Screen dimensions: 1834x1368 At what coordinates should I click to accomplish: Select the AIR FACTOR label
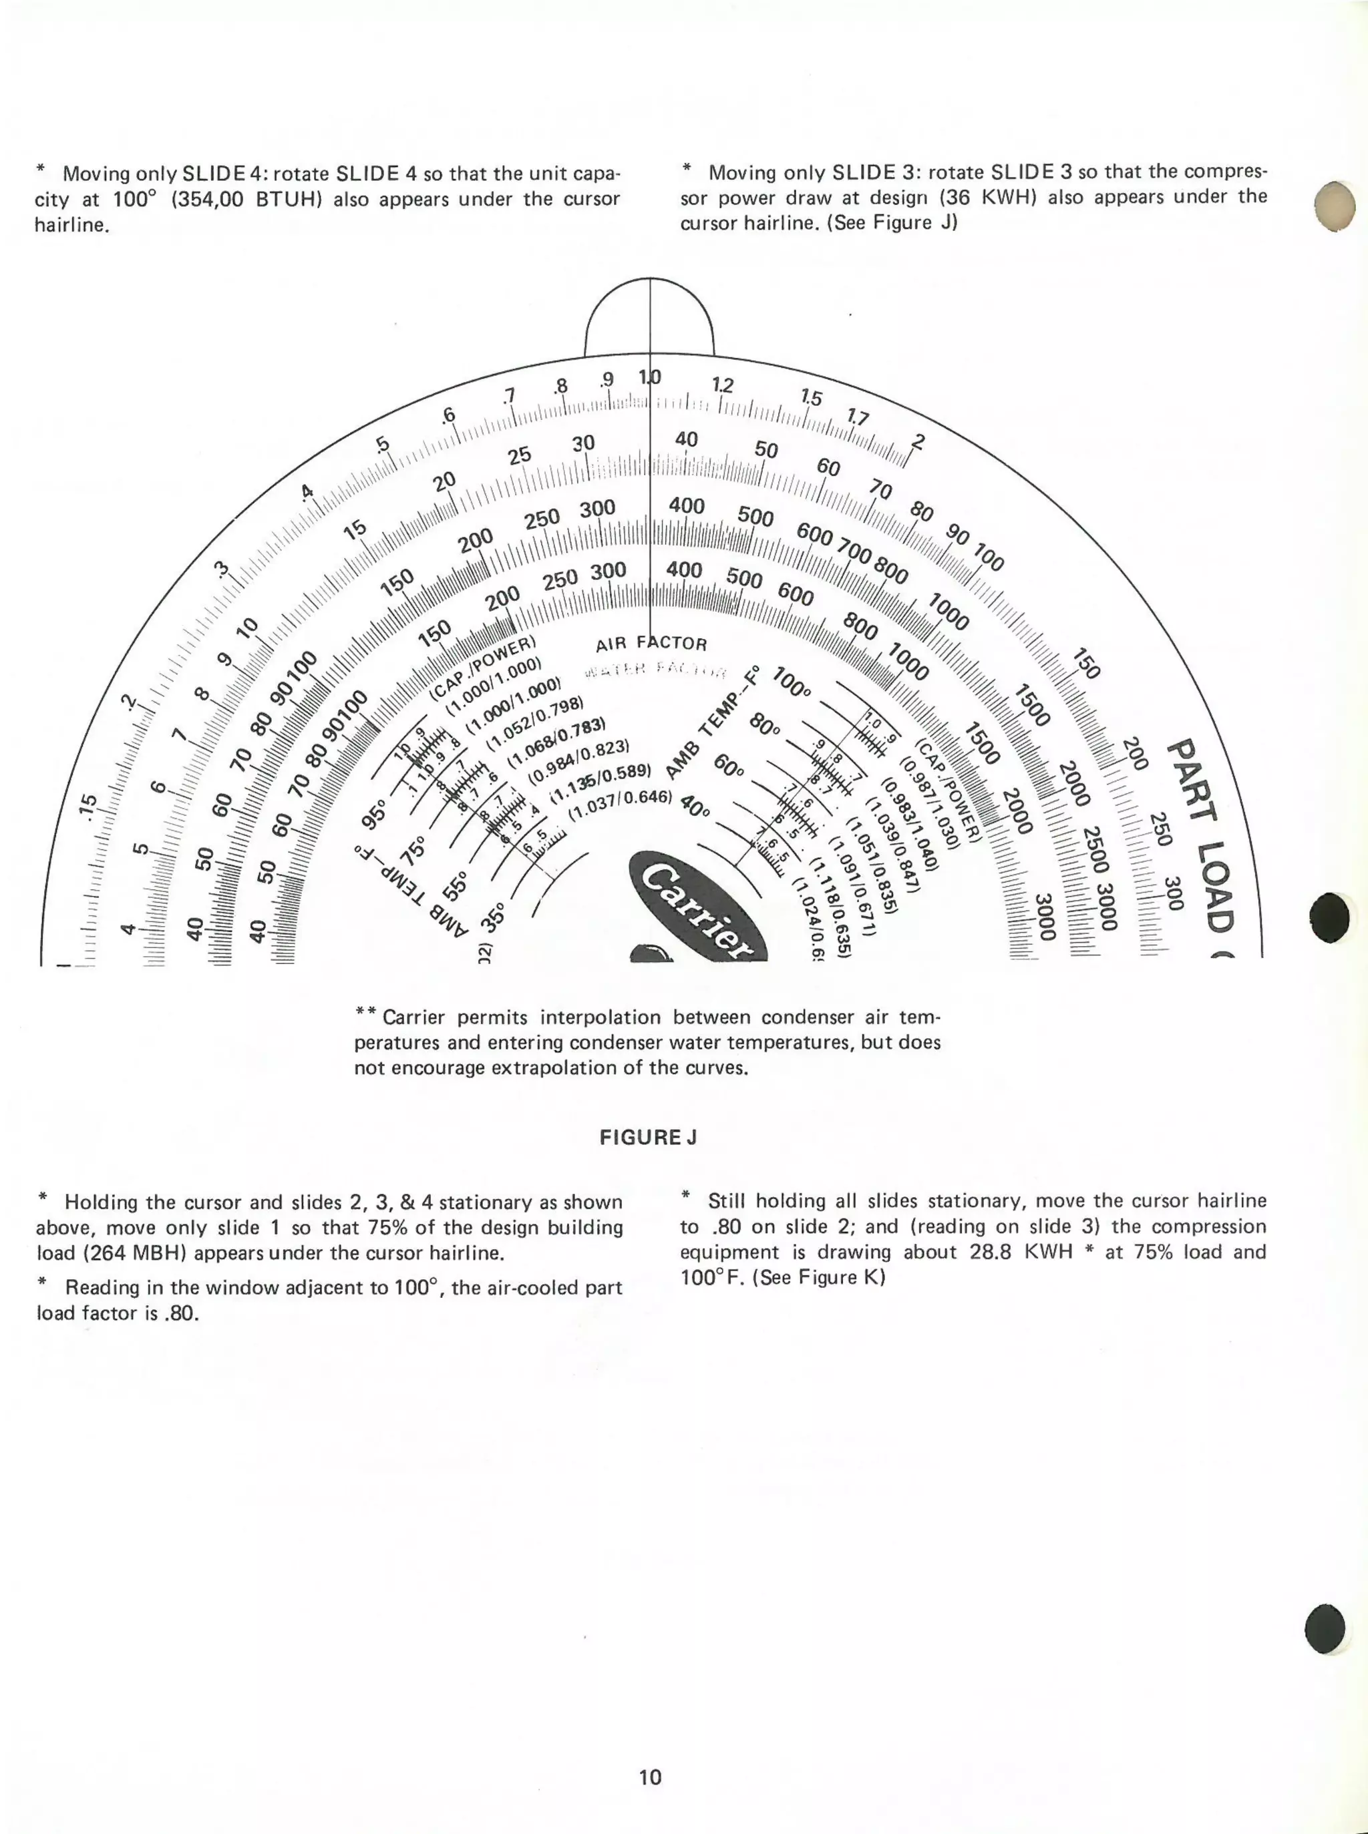pos(651,643)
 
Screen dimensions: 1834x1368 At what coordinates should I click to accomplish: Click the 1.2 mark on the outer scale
pos(722,386)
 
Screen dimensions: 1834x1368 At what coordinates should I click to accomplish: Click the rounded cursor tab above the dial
pos(649,318)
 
